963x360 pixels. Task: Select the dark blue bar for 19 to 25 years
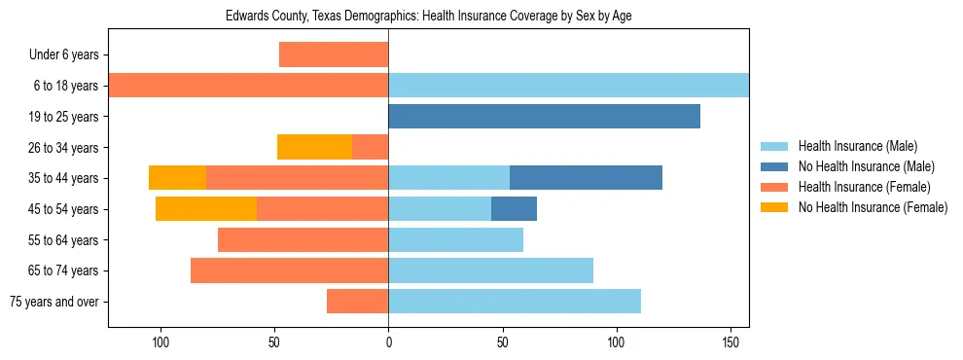tap(544, 117)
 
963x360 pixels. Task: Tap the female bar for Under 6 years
tap(334, 54)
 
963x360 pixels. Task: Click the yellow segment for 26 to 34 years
tap(314, 147)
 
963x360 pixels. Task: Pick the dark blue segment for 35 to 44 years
tap(586, 178)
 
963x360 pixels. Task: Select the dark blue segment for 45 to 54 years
tap(514, 209)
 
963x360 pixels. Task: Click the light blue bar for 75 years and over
tap(515, 302)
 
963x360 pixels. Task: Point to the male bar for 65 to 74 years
tap(490, 270)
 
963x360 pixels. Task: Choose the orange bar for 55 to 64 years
tap(303, 239)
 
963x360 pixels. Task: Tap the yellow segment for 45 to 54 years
tap(206, 209)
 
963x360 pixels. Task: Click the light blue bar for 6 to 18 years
tap(568, 86)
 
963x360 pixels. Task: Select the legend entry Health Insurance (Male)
tap(858, 146)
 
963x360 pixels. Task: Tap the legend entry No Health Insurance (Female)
tap(873, 207)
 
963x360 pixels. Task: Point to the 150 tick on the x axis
tap(730, 342)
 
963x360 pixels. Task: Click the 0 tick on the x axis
tap(388, 342)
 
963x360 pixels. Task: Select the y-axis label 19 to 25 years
tap(64, 117)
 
